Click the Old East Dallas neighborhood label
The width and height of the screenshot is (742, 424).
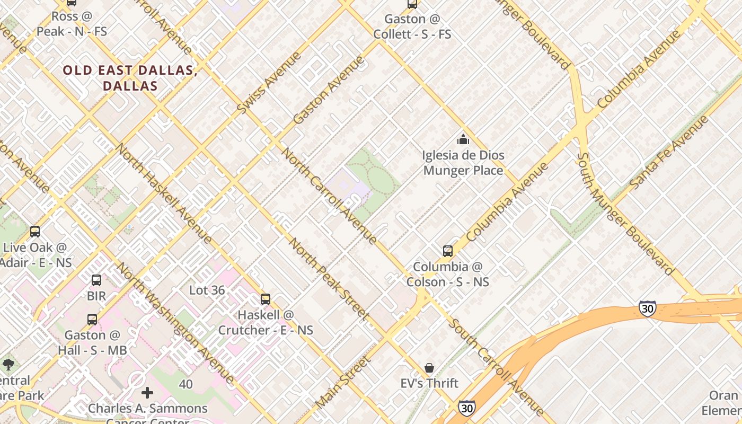coord(130,78)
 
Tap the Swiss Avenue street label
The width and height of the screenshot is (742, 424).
coord(269,83)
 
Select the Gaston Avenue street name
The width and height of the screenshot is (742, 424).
coord(329,90)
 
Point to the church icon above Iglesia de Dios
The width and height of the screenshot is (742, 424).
coord(463,140)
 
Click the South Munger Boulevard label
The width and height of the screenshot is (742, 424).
coord(625,214)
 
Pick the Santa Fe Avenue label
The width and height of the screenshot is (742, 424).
coord(669,152)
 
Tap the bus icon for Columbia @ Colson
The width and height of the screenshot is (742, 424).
coord(448,251)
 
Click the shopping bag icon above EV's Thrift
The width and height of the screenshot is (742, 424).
coord(429,367)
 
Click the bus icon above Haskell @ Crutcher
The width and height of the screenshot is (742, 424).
coord(266,299)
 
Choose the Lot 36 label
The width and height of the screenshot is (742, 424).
coord(207,290)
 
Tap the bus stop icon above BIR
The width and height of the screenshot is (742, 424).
coord(96,280)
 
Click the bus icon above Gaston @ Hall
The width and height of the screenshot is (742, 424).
coord(92,320)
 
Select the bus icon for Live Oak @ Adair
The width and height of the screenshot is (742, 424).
coord(35,232)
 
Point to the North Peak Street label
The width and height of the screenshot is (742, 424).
coord(329,280)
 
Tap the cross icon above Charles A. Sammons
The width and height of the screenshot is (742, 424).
coord(147,393)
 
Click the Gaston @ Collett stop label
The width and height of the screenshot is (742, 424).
coord(412,26)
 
